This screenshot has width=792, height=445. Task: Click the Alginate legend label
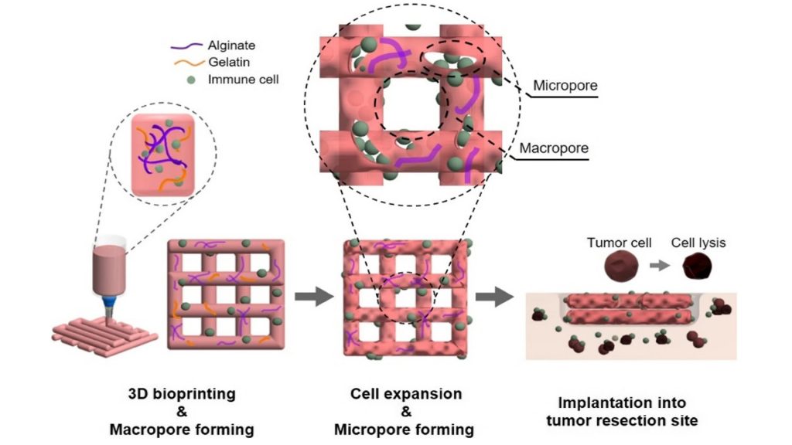pos(231,46)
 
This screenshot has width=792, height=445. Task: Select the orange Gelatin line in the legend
pos(189,63)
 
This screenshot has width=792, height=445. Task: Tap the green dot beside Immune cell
pos(191,80)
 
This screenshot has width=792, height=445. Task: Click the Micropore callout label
pos(565,85)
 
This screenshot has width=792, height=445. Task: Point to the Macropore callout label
pos(554,148)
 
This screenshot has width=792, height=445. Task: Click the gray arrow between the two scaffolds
pos(314,297)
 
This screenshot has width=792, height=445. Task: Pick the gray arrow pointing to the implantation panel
pos(494,297)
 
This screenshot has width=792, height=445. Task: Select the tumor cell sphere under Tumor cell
pos(621,267)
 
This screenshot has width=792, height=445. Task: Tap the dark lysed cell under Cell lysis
pos(697,267)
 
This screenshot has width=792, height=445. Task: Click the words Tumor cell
pos(620,243)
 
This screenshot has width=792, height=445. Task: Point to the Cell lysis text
pos(698,243)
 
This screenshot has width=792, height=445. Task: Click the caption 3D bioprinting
pos(182,393)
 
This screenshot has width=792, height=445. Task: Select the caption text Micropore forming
pos(404,430)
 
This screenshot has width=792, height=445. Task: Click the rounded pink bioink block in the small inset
pos(162,155)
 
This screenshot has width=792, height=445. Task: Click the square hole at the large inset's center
pos(410,105)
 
